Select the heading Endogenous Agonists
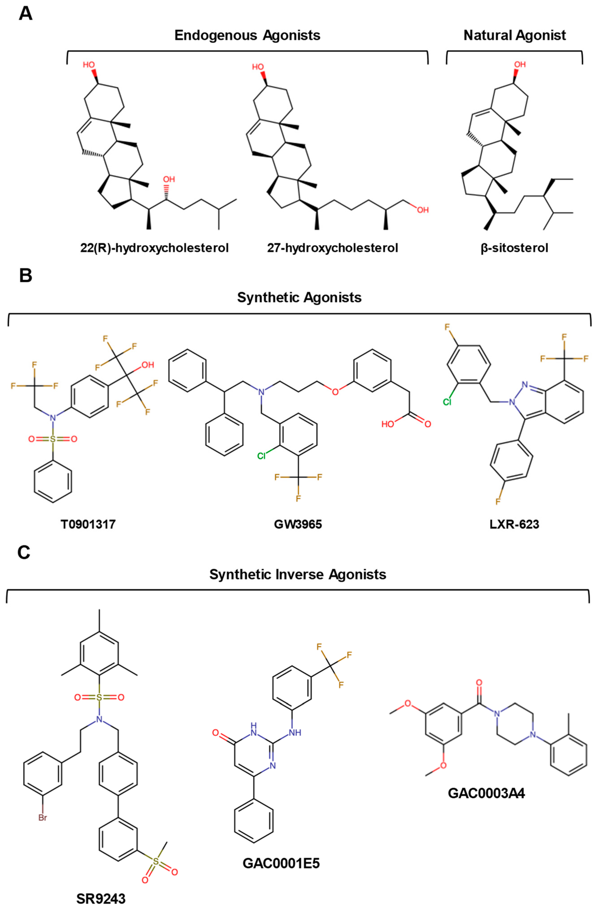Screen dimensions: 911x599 coord(247,35)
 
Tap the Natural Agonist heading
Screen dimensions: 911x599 coord(515,35)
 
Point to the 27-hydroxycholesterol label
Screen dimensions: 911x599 coord(332,248)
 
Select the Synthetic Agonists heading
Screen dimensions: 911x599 coord(299,297)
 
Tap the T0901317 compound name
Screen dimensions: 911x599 coord(88,524)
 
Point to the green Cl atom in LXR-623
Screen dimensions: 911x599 coord(447,402)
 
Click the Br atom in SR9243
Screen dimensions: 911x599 coord(42,818)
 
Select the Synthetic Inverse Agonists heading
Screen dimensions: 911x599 coord(298,575)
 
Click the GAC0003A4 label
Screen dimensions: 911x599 coord(486,793)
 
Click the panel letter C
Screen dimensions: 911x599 coord(24,553)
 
